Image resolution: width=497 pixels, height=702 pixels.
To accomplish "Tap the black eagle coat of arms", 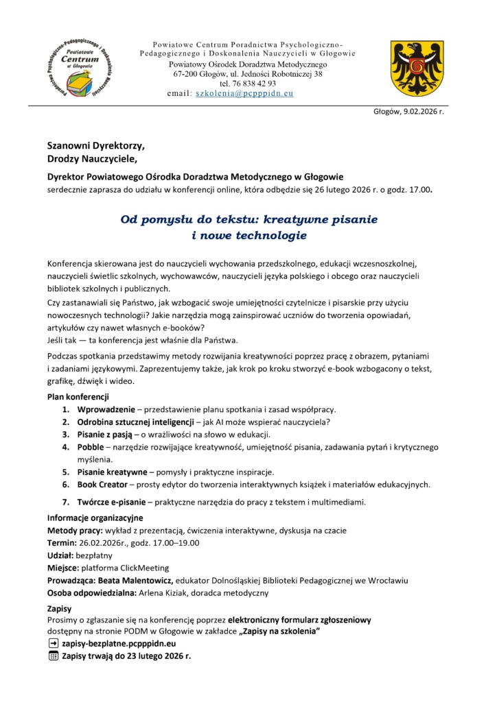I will pos(412,67).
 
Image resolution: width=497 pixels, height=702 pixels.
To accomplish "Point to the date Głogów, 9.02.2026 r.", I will pos(408,112).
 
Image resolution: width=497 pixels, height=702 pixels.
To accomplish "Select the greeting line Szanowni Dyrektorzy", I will pos(96,146).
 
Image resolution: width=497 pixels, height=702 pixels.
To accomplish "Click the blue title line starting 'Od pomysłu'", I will pos(249,220).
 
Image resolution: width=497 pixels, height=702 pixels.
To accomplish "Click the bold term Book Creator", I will pos(107,484).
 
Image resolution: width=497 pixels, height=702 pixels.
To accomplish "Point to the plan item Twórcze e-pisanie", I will pos(111,502).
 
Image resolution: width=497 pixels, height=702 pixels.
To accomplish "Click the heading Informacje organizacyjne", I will pos(95,518).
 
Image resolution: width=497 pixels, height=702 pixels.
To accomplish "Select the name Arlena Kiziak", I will pos(168,592).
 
